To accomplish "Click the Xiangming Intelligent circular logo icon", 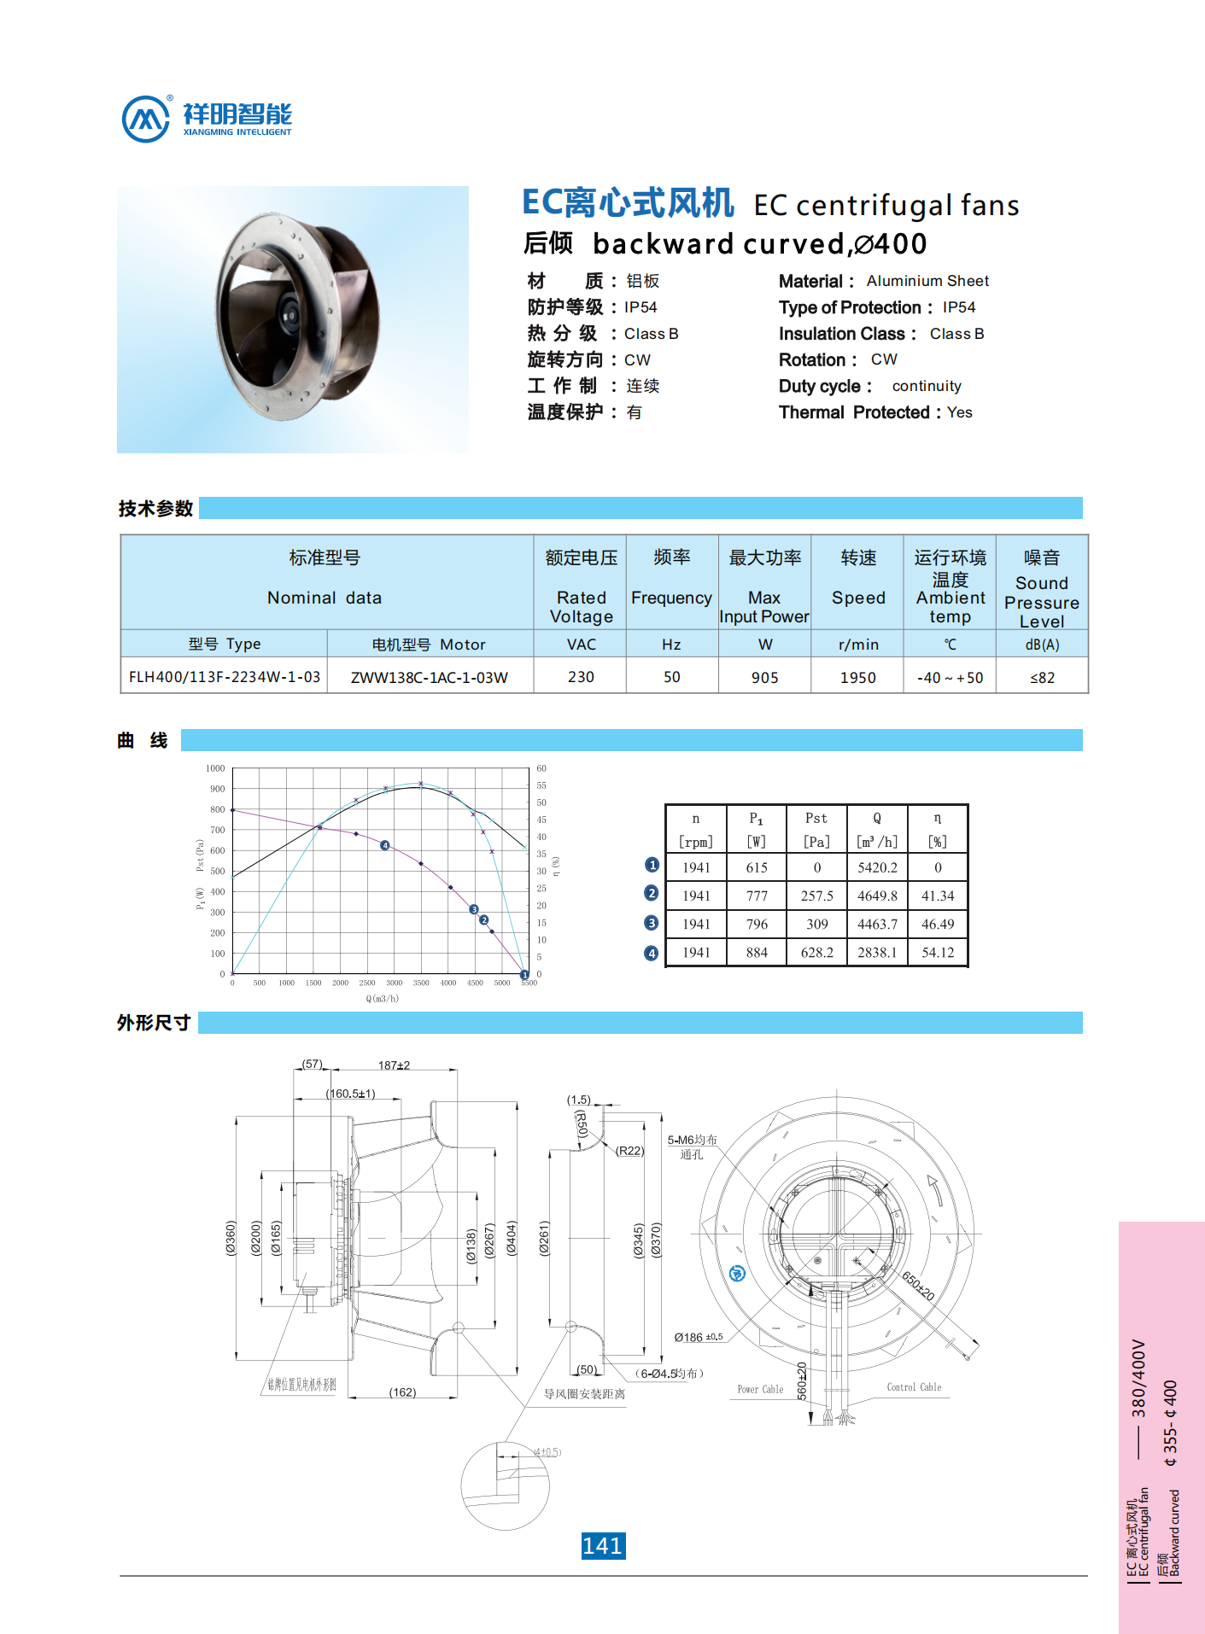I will (x=146, y=120).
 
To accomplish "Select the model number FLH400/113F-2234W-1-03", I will (x=225, y=677).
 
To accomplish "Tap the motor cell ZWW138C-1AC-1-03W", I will (x=430, y=677).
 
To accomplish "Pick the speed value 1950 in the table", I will (x=857, y=677).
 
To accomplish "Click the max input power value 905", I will (x=764, y=677).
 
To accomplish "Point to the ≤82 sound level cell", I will (x=1042, y=677).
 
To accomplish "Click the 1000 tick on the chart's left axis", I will (x=215, y=768).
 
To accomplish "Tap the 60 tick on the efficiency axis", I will (x=541, y=768).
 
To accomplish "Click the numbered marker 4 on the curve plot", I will (x=385, y=845).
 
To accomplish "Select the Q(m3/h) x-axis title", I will (x=382, y=998).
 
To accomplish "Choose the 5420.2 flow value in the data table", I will (x=877, y=867).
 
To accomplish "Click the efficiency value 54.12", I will (x=938, y=952).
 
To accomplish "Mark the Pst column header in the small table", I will (x=816, y=818).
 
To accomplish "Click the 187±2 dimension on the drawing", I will (x=394, y=1065).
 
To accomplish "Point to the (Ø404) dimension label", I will (x=512, y=1237).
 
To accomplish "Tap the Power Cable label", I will (x=760, y=1389).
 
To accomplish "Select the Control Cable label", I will (x=914, y=1387).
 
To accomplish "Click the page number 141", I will (x=603, y=1545).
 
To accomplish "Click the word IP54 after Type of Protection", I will (x=958, y=307).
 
